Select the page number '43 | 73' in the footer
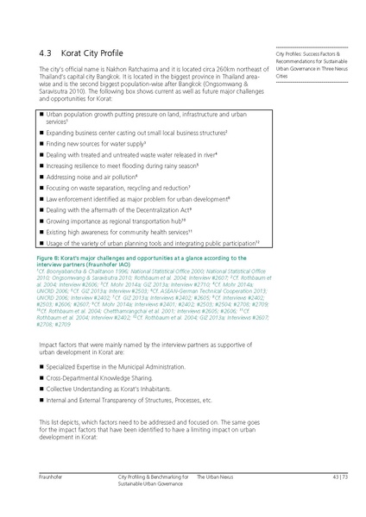click(x=339, y=476)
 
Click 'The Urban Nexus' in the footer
click(x=217, y=476)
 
